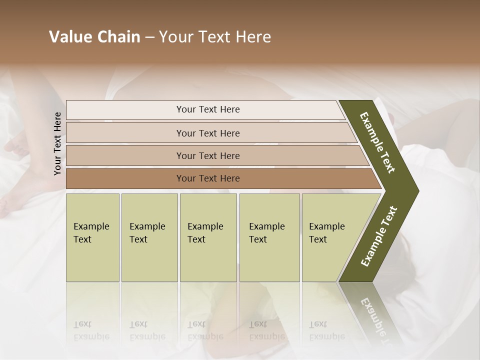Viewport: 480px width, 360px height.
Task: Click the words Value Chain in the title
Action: pos(94,37)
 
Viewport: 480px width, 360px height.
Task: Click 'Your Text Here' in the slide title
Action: pos(215,37)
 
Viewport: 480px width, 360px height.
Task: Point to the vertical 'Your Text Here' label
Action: pos(57,143)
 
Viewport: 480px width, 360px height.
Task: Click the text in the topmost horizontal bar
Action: pos(208,109)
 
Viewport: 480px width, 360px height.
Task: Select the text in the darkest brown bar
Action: pos(208,178)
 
